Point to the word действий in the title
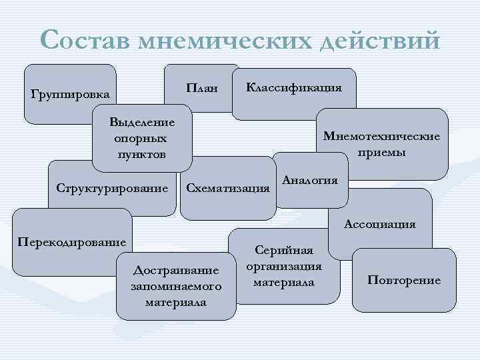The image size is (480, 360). [381, 41]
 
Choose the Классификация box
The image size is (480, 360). [294, 87]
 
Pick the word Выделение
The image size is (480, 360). [142, 122]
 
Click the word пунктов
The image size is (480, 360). [139, 154]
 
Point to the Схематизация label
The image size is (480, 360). [228, 188]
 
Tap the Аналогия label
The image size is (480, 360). [310, 180]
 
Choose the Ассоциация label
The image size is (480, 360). [379, 224]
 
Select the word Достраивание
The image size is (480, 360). [176, 270]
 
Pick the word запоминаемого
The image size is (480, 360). [176, 286]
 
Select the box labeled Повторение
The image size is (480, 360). [404, 279]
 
